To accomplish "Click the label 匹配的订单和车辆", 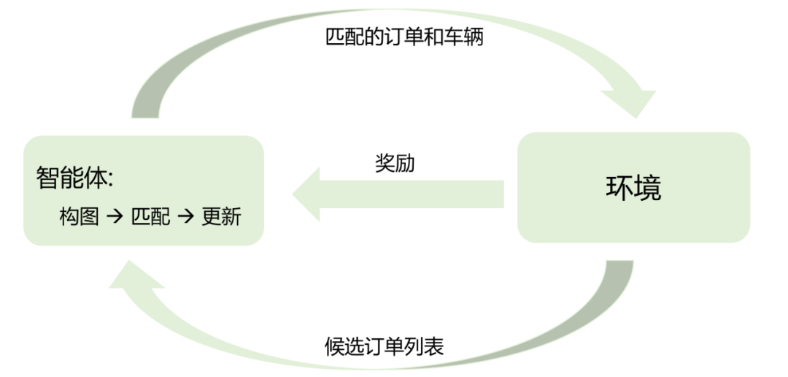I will point(404,37).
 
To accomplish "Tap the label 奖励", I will point(395,163).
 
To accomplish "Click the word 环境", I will point(633,188).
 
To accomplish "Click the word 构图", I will point(79,217).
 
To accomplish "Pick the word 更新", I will point(220,217).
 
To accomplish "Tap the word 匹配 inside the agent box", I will point(150,217).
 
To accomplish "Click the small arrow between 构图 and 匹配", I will point(115,218).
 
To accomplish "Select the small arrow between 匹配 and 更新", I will point(185,218).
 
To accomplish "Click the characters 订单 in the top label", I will point(394,37).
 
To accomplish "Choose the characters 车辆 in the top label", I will point(463,37).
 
